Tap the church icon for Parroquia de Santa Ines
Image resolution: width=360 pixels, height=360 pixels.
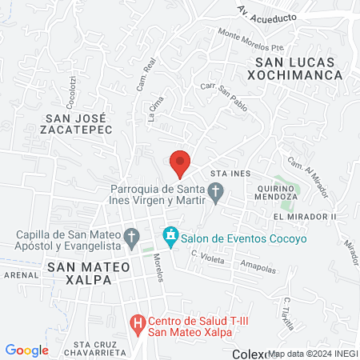pos(215,192)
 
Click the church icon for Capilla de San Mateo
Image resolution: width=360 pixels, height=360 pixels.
pos(132,237)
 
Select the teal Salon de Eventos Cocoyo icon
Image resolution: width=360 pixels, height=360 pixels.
pos(170,237)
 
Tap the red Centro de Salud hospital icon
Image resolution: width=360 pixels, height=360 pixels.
pos(137,324)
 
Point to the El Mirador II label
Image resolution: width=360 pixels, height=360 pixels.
pos(305,217)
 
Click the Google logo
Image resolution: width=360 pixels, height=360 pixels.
pos(26,350)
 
